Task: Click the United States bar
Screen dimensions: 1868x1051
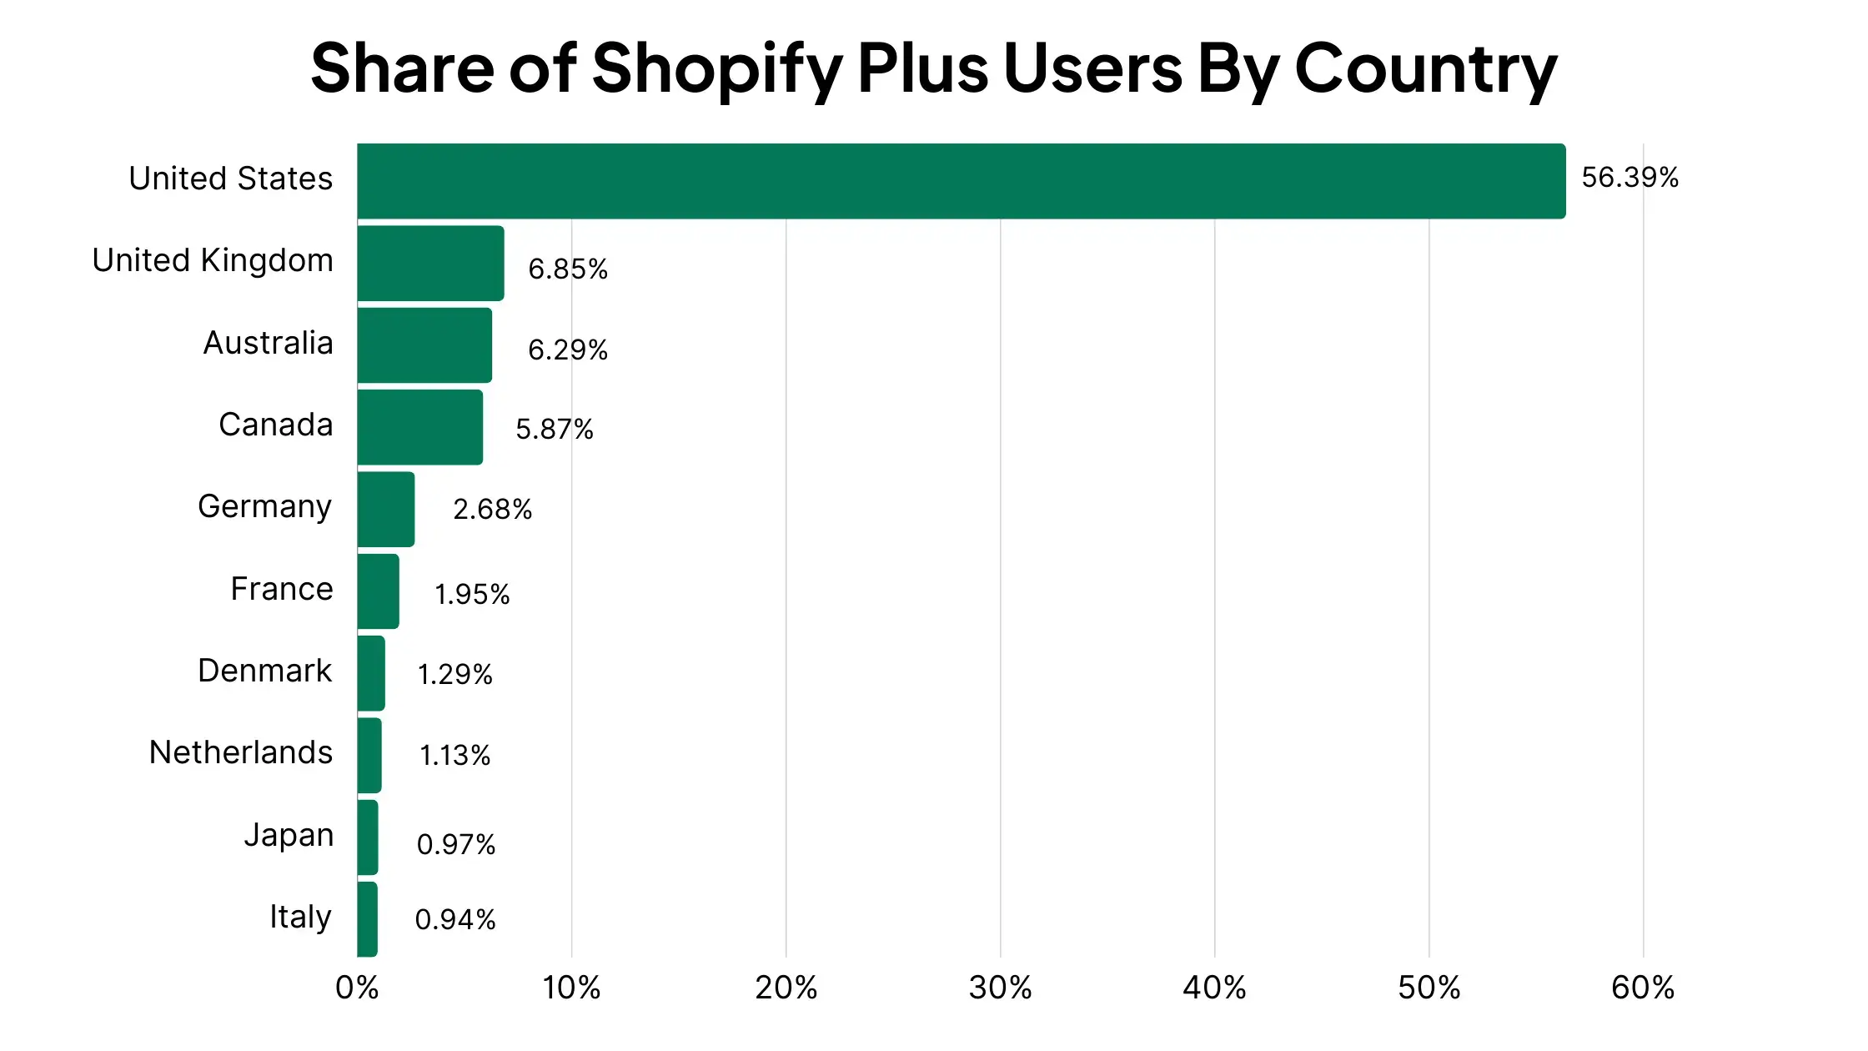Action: (962, 181)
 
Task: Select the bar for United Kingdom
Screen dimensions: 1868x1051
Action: (430, 263)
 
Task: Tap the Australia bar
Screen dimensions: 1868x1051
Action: (424, 345)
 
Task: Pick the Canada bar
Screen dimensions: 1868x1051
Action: (419, 427)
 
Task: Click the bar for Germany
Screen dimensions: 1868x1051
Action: (385, 509)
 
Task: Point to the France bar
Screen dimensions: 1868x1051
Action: (378, 591)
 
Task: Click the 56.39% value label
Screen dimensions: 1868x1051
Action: (1629, 177)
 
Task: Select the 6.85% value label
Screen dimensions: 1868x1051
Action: (568, 269)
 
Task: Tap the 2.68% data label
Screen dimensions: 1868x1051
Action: (492, 509)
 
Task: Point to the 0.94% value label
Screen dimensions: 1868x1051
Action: (455, 919)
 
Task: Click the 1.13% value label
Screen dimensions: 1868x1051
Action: (454, 755)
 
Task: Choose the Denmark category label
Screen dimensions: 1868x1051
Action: (265, 671)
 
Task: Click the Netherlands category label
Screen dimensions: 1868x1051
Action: (241, 752)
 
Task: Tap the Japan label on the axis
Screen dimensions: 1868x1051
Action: (289, 835)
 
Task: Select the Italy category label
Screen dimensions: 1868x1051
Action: (300, 917)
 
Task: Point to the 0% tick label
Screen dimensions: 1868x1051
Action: (357, 988)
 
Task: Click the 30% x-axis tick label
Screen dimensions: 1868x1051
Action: (1000, 988)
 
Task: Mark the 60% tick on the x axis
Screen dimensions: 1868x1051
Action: (1643, 988)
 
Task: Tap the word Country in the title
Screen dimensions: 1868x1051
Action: (1426, 68)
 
